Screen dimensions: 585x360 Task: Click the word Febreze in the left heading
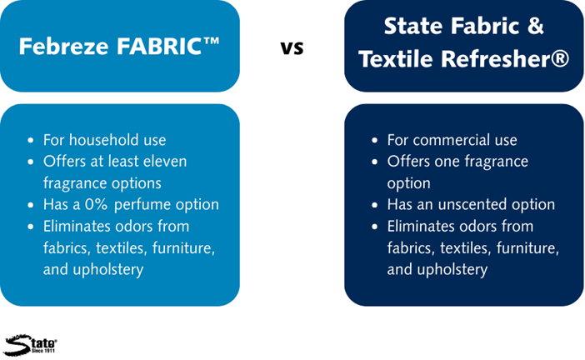[x=63, y=47]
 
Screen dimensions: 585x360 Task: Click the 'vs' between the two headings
[x=292, y=47]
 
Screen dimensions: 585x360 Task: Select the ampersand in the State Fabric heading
[x=535, y=26]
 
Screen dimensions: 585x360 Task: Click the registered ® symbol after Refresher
[x=560, y=59]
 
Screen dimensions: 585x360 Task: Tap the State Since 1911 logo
[x=30, y=345]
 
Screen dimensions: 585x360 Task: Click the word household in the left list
[x=93, y=140]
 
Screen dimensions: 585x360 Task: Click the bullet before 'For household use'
[x=31, y=141]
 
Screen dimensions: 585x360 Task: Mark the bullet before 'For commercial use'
[x=374, y=141]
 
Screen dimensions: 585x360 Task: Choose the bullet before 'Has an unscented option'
[x=374, y=205]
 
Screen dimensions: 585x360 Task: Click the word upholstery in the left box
[x=108, y=270]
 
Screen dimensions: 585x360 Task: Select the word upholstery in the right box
[x=452, y=270]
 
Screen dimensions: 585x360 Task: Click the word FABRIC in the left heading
[x=159, y=47]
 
